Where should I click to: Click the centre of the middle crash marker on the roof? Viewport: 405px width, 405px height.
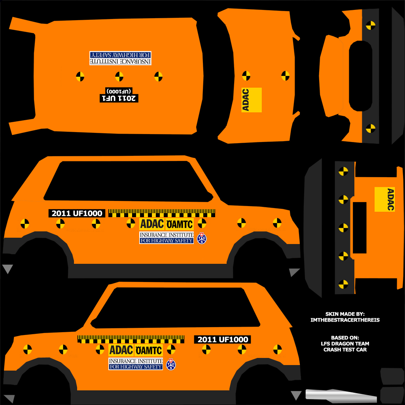[119, 76]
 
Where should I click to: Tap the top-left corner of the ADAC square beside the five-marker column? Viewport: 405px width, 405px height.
[375, 187]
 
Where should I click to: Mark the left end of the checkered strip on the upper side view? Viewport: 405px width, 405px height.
[108, 213]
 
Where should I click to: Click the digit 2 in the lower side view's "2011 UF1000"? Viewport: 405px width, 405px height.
[200, 339]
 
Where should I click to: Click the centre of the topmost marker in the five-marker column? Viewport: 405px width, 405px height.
[343, 171]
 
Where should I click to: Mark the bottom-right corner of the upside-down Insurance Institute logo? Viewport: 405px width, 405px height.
[151, 65]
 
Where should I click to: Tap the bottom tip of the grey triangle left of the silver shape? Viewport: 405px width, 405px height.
[296, 400]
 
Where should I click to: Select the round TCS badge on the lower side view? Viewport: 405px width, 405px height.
[171, 364]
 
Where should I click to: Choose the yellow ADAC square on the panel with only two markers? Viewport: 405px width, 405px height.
[252, 100]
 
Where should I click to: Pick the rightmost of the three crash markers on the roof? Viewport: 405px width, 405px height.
[158, 76]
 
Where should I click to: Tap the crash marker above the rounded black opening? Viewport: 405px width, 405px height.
[371, 25]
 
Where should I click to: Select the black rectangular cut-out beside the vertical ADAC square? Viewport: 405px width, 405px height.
[360, 228]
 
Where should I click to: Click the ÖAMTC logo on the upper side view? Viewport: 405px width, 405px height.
[180, 224]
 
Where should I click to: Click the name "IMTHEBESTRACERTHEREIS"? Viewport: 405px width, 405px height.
[345, 320]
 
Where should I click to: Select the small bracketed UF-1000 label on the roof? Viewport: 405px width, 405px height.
[119, 91]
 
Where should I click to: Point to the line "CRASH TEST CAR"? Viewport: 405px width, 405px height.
[345, 350]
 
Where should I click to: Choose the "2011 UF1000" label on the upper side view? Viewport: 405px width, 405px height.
[77, 213]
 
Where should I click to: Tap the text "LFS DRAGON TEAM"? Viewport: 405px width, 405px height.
[345, 344]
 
